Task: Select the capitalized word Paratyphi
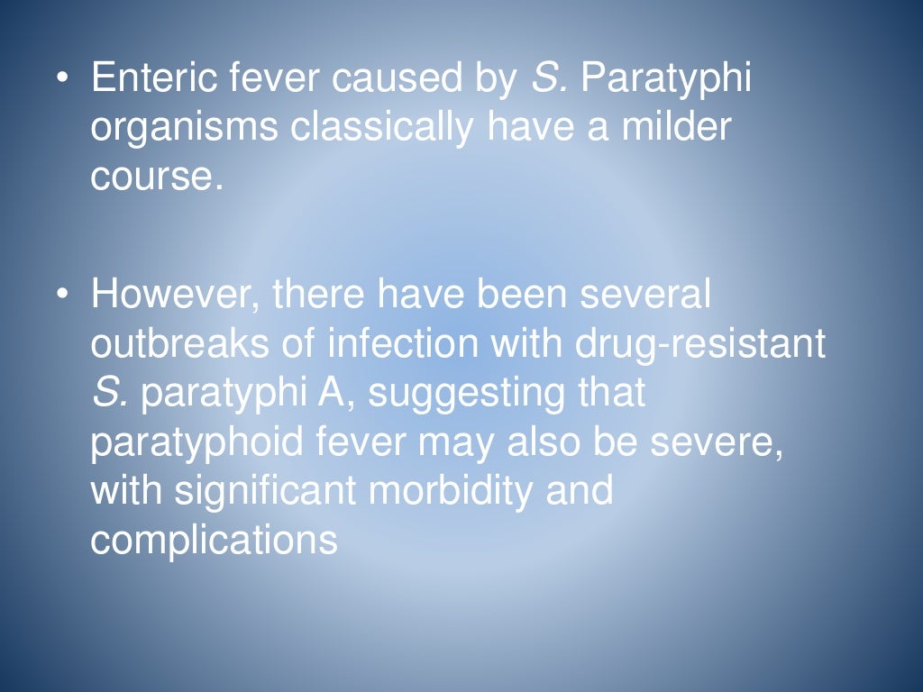coord(666,79)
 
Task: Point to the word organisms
coord(184,129)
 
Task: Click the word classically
coord(381,129)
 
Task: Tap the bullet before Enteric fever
coord(61,79)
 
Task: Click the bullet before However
coord(61,295)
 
